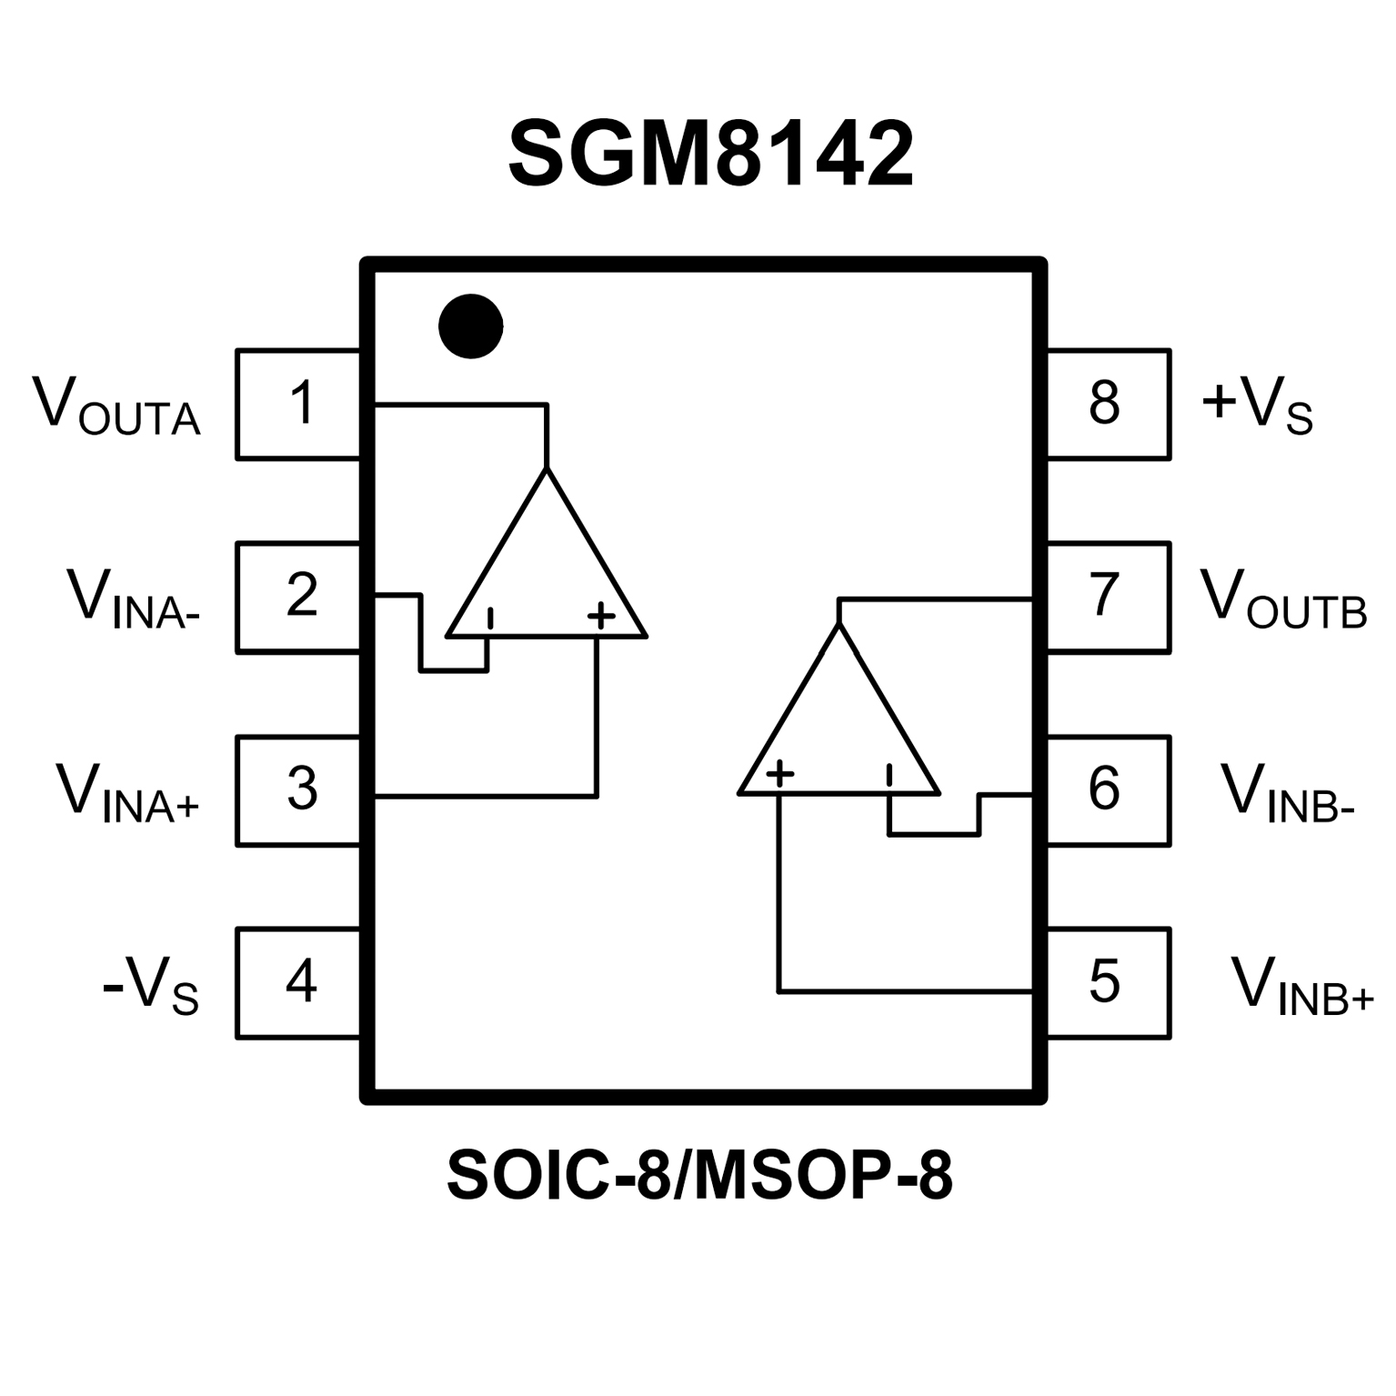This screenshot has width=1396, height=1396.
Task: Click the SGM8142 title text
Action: click(x=710, y=155)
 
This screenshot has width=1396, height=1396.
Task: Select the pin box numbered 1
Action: click(x=298, y=404)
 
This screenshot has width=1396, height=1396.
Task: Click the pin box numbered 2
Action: click(x=298, y=597)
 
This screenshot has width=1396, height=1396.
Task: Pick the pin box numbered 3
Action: click(x=298, y=789)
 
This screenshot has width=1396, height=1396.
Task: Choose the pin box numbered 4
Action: click(x=298, y=982)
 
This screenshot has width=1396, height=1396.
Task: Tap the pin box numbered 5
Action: click(x=1108, y=982)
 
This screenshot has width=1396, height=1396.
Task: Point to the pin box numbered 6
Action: click(x=1108, y=789)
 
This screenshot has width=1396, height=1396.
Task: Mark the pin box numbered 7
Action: click(x=1108, y=597)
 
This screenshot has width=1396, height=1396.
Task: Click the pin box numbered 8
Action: click(x=1108, y=404)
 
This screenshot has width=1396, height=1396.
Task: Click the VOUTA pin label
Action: click(x=116, y=406)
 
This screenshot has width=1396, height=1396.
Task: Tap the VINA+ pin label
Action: click(x=127, y=792)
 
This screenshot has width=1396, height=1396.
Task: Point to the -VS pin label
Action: click(x=150, y=985)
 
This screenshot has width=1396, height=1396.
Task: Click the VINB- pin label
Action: click(x=1288, y=792)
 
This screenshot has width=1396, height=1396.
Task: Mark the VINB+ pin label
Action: click(x=1301, y=985)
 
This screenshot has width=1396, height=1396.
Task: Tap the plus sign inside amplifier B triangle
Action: click(x=780, y=774)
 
